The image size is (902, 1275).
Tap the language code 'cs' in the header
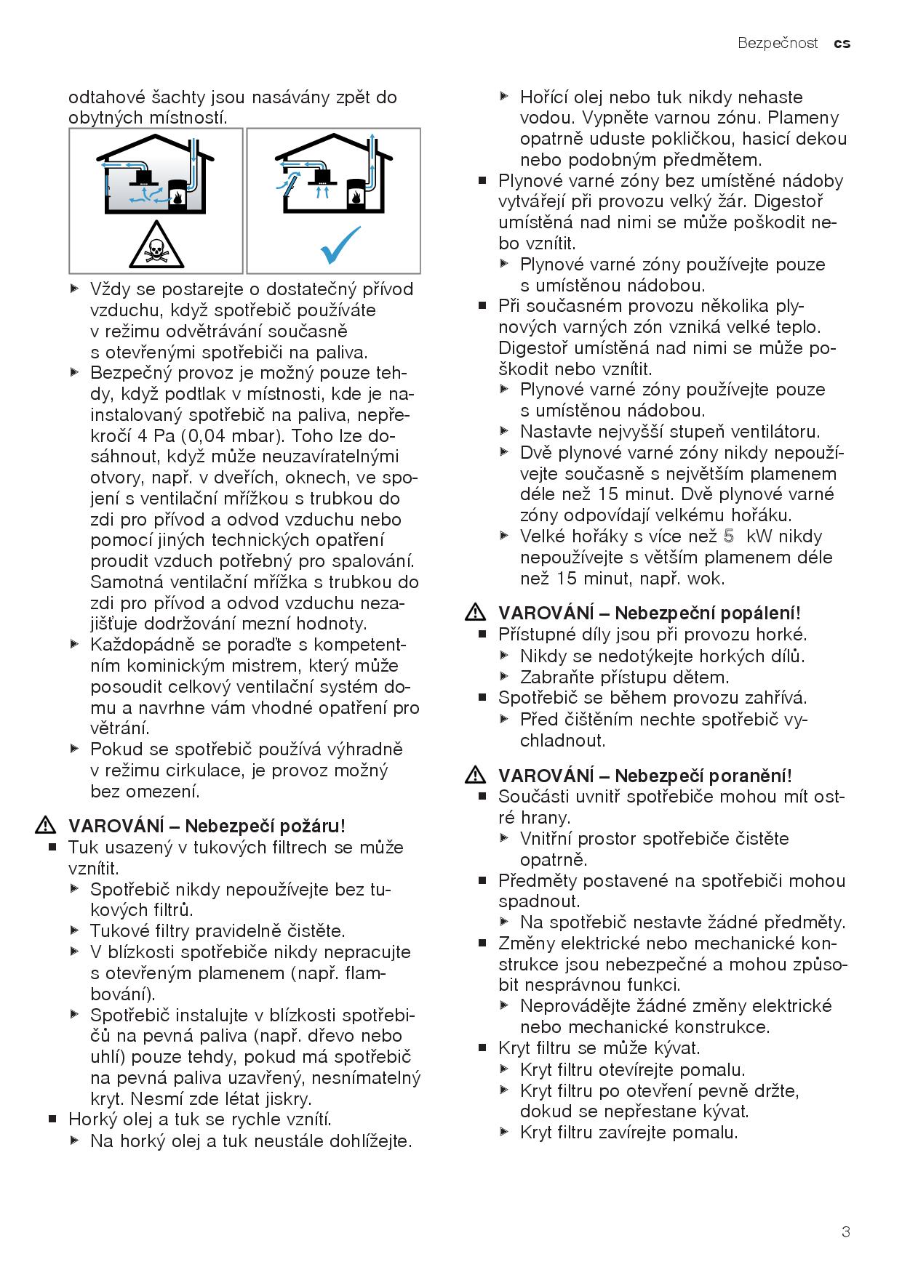pos(842,44)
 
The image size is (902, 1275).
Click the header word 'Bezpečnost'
pos(778,44)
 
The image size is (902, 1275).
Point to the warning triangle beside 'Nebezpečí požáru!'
pos(46,826)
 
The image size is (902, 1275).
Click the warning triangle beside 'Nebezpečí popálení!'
pos(475,614)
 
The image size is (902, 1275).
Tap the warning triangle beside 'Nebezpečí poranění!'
pos(475,776)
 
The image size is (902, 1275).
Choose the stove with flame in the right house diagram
pos(356,193)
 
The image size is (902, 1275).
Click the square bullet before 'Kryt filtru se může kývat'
pos(482,1049)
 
